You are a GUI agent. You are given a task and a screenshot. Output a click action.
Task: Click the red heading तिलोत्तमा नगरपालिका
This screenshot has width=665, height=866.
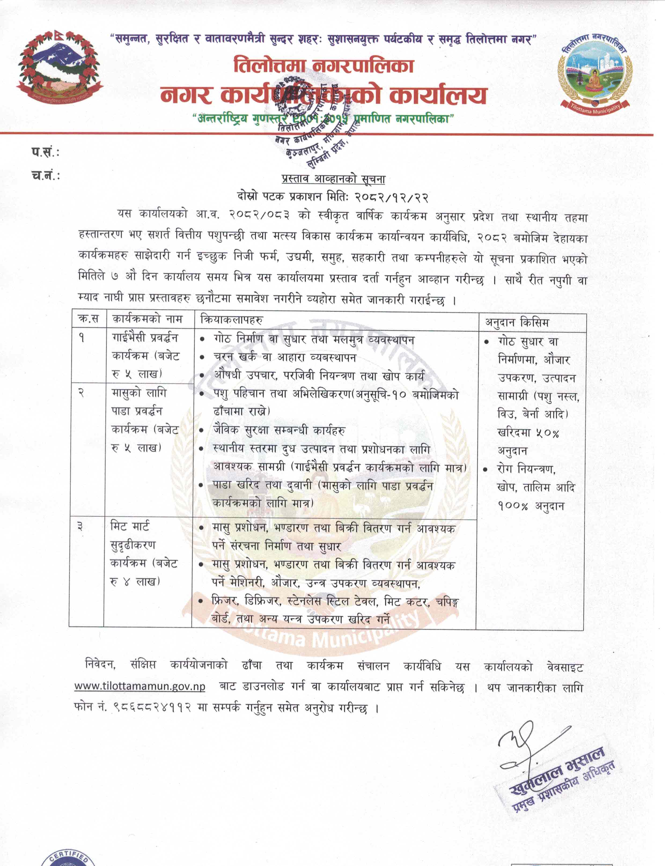click(x=324, y=66)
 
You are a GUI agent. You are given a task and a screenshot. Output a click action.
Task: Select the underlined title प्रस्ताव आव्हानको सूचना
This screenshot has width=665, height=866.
click(x=333, y=179)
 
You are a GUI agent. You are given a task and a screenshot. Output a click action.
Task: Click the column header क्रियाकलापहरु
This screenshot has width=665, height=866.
click(x=232, y=319)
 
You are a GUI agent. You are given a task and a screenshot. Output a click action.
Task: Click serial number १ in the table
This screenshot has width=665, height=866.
click(x=82, y=338)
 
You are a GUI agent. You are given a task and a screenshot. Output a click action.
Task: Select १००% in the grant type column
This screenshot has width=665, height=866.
click(x=513, y=506)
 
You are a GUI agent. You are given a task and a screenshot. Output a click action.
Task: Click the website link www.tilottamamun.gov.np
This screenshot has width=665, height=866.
click(x=140, y=686)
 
